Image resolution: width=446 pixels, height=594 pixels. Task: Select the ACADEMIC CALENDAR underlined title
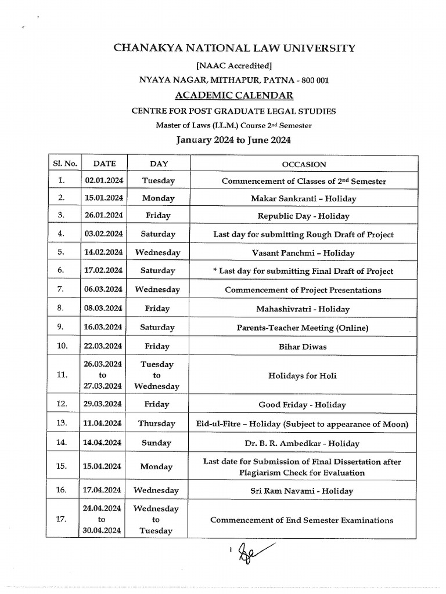[x=234, y=95]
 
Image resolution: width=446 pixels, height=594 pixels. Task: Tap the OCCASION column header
[x=304, y=165]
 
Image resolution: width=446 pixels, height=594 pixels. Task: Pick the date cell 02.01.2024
[x=104, y=181]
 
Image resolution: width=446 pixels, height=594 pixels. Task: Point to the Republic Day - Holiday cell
[x=304, y=216]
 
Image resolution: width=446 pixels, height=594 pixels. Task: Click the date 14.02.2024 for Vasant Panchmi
[x=104, y=253]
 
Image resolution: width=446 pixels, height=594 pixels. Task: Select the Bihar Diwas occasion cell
[x=303, y=347]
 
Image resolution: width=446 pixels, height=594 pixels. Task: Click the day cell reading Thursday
[x=156, y=423]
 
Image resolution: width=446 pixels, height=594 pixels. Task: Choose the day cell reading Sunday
[x=156, y=443]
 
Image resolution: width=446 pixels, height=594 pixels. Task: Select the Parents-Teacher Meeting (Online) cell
[x=303, y=328]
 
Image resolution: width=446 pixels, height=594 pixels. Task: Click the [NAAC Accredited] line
[x=233, y=66]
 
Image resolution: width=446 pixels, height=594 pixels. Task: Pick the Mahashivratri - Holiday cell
[x=303, y=309]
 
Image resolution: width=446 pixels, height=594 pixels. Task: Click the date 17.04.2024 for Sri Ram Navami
[x=104, y=490]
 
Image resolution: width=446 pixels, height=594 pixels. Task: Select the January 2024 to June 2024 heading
[x=233, y=140]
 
